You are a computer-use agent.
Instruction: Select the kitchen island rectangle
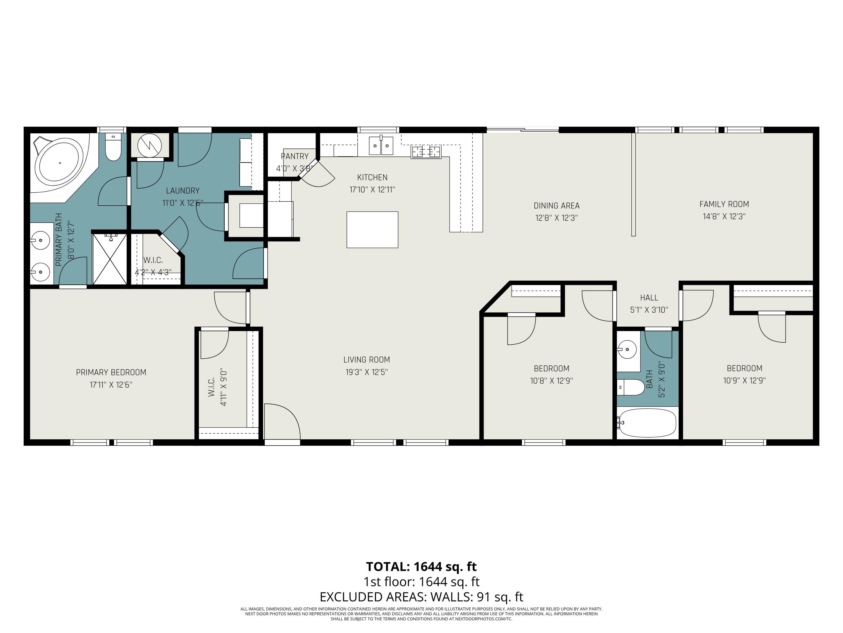pyautogui.click(x=372, y=230)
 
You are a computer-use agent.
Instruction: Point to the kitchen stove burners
pyautogui.click(x=426, y=152)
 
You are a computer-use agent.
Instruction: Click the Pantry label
pyautogui.click(x=294, y=156)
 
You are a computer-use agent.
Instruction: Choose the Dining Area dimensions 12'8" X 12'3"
pyautogui.click(x=556, y=218)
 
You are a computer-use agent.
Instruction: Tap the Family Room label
pyautogui.click(x=724, y=204)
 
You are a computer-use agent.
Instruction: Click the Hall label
pyautogui.click(x=649, y=298)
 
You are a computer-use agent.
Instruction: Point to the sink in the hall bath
pyautogui.click(x=627, y=349)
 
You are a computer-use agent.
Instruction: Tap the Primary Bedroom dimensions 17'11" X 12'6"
pyautogui.click(x=111, y=385)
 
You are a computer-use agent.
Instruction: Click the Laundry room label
pyautogui.click(x=183, y=190)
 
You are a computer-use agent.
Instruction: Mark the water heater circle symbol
pyautogui.click(x=149, y=145)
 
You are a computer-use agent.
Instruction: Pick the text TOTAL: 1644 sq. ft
pyautogui.click(x=421, y=567)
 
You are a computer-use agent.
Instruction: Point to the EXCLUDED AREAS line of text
pyautogui.click(x=421, y=596)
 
